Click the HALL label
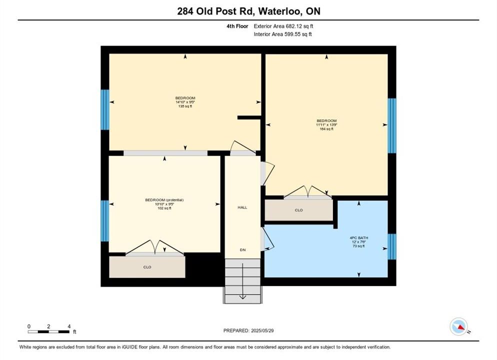(242, 207)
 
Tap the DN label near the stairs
(243, 250)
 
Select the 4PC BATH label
(359, 237)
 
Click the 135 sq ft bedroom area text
(185, 106)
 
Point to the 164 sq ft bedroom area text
(326, 129)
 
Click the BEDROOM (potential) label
(164, 200)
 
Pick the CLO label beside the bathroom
(298, 210)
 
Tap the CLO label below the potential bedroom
(147, 267)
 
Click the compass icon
(459, 326)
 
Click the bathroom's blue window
(392, 246)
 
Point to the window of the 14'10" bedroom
(105, 109)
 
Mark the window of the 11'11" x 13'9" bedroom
(392, 126)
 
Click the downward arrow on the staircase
(243, 281)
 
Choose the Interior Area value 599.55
(292, 34)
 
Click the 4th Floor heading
(237, 26)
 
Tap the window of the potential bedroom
(105, 221)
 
